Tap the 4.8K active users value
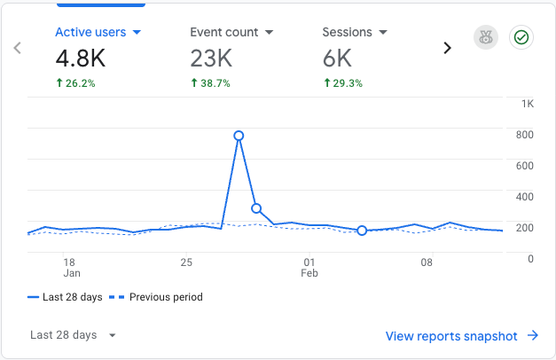[x=80, y=59]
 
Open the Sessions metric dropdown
[x=355, y=32]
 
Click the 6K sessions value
[x=337, y=59]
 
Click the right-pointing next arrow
[x=447, y=48]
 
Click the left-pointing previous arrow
[x=18, y=48]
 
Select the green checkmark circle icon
[x=521, y=38]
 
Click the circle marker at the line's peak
[x=239, y=136]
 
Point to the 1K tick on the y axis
[x=528, y=104]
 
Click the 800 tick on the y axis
[x=526, y=135]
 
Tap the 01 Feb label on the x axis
[x=309, y=268]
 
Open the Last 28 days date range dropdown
[x=73, y=335]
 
